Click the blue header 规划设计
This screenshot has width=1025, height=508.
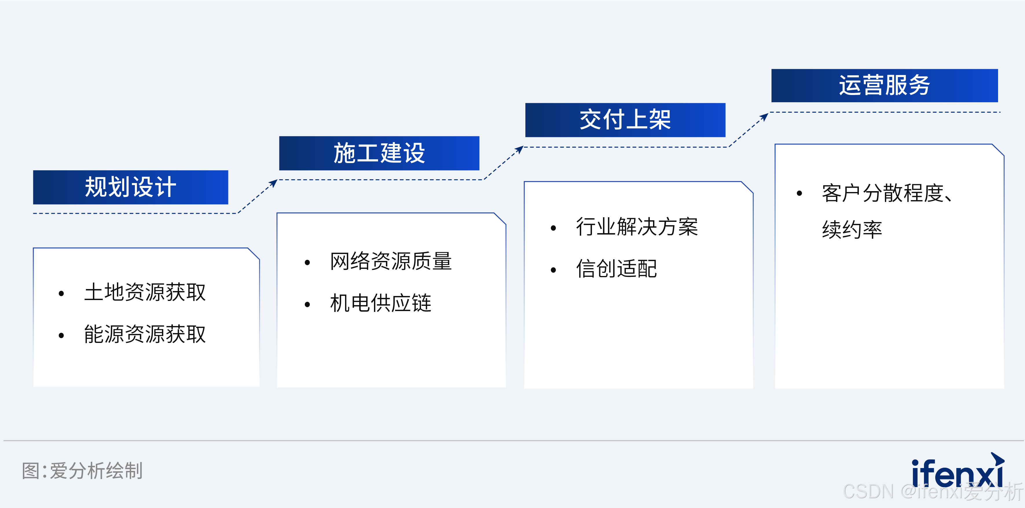[131, 187]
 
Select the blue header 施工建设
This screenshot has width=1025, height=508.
[379, 153]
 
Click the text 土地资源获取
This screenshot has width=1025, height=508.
[145, 292]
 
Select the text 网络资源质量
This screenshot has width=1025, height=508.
[391, 262]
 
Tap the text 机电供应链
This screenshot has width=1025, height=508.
[380, 303]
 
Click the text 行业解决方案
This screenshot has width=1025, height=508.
[637, 227]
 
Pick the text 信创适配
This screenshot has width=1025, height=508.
[616, 269]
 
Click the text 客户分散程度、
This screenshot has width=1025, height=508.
[887, 193]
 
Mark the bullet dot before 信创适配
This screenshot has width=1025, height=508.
[553, 270]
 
